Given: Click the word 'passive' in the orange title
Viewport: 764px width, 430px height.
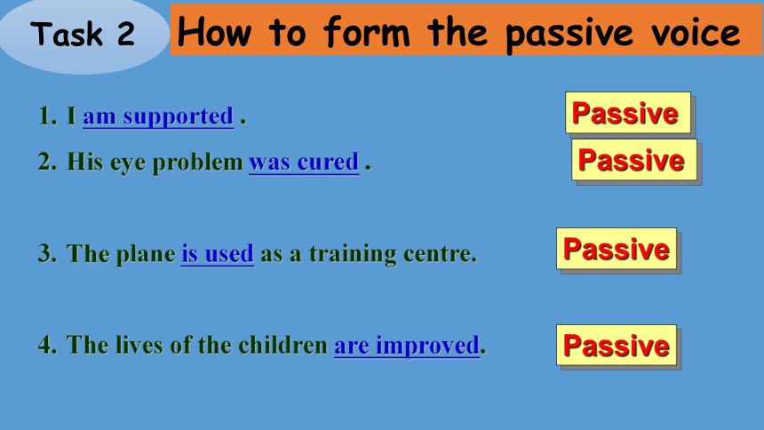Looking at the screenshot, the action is click(569, 34).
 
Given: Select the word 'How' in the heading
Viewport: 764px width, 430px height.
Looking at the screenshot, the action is click(214, 32).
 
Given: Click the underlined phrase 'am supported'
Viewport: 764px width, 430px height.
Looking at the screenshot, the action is click(158, 117).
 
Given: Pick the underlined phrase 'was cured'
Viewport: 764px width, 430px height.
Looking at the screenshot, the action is click(304, 163).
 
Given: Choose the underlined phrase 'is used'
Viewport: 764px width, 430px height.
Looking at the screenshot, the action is click(218, 254).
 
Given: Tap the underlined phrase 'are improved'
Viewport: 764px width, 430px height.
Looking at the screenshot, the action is click(407, 346).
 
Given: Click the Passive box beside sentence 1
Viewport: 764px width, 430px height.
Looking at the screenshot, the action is click(628, 113).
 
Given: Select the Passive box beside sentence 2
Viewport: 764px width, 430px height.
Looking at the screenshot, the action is click(634, 159).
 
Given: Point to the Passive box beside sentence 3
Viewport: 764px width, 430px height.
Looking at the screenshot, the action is click(617, 249).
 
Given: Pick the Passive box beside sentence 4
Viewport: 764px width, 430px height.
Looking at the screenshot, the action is click(617, 346).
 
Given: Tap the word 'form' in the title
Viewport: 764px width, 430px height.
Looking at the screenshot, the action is click(367, 32).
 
